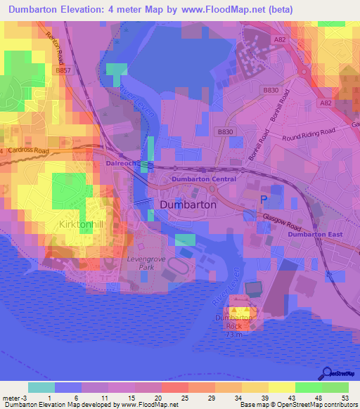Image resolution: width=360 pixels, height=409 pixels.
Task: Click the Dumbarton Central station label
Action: coord(204,180)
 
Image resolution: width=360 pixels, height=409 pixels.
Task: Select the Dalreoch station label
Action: coord(120,162)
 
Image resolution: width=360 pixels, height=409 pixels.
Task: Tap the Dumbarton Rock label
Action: coord(233,322)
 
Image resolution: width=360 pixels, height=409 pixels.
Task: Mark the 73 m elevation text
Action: coord(233,335)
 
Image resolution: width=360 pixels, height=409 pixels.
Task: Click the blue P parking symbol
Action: coord(264,200)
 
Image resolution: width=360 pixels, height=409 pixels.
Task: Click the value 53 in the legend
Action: coord(345,398)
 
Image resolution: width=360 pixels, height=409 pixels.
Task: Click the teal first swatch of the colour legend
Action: coord(41,387)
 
